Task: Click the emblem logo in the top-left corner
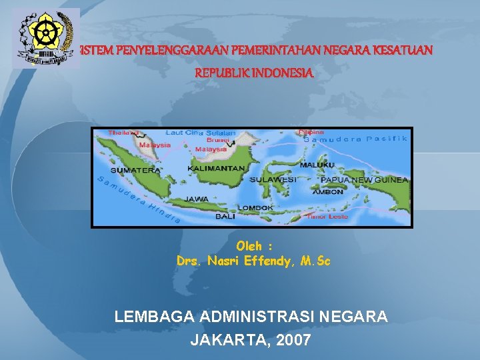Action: [x=45, y=37]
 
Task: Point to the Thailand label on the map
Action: [x=124, y=133]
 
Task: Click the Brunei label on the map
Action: [x=218, y=141]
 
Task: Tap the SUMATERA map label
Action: [x=135, y=171]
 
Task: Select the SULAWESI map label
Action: [x=273, y=179]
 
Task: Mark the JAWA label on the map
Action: [x=197, y=198]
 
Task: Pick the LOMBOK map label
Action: [x=255, y=208]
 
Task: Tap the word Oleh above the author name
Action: [x=249, y=247]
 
